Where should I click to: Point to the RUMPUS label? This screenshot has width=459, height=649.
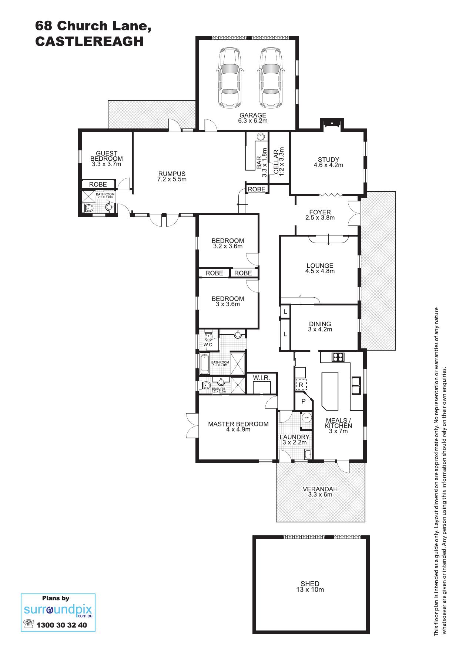172,174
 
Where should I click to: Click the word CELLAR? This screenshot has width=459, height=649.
276,162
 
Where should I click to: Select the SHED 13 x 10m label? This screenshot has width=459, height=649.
310,586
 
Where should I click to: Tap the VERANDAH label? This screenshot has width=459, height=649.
320,489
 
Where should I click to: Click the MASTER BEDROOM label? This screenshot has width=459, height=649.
238,424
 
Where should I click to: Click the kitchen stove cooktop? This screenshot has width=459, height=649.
338,357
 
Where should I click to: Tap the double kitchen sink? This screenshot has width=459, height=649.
356,385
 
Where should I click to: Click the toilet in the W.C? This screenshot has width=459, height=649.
208,337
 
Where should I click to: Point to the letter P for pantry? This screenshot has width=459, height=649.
304,401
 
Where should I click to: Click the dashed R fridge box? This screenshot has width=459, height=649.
301,385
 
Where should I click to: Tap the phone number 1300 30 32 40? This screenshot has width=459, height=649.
62,625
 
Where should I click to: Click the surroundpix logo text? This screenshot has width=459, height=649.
58,610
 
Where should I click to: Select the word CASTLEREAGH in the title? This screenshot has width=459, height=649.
89,41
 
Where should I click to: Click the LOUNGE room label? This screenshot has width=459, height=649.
320,265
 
